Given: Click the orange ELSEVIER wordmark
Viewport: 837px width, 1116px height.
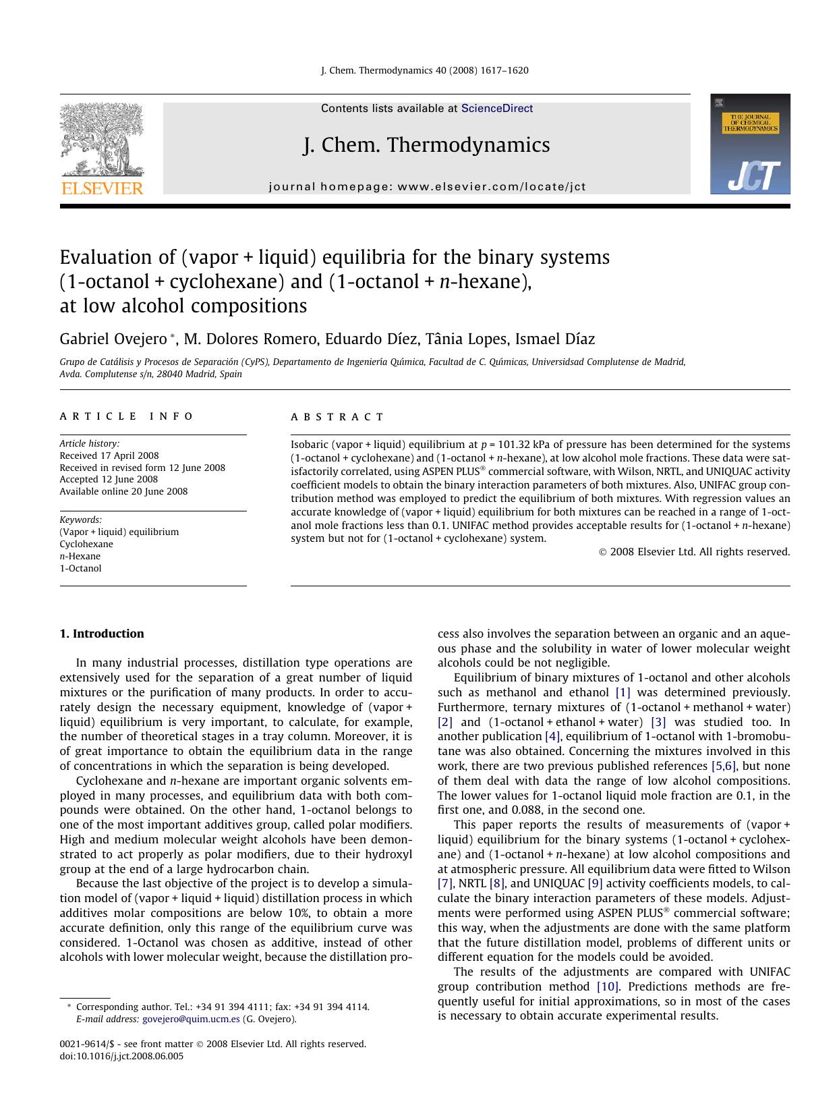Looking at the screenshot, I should coord(103,188).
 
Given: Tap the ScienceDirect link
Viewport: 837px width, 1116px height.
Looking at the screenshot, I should coord(496,109).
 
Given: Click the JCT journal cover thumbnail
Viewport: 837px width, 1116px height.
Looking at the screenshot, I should coord(749,144).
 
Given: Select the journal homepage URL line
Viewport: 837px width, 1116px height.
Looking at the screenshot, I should coord(427,187).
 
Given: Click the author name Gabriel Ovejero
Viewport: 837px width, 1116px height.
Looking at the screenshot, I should coord(113,339).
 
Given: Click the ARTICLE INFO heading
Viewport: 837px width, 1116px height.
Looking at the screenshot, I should coord(126,416).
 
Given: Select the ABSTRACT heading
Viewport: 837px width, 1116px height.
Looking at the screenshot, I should coord(337,417).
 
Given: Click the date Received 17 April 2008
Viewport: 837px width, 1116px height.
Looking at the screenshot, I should coord(109,455).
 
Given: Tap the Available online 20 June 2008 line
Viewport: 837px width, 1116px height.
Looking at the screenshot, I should coord(123,491).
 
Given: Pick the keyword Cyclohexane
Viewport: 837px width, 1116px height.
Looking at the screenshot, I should coord(86,544).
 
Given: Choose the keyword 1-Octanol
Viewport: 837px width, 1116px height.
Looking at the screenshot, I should coord(80,568).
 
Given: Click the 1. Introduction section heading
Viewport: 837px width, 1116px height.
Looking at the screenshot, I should coord(102,634).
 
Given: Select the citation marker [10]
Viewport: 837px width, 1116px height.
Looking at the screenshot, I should coord(607,986).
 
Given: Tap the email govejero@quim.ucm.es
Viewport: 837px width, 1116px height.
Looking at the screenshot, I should coord(191,1019).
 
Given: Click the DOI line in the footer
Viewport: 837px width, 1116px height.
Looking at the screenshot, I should coord(121,1056).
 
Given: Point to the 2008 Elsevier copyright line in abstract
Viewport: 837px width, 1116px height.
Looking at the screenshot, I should coord(694,552).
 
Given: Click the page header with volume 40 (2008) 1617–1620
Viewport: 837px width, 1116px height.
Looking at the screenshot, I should coord(424,70).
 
